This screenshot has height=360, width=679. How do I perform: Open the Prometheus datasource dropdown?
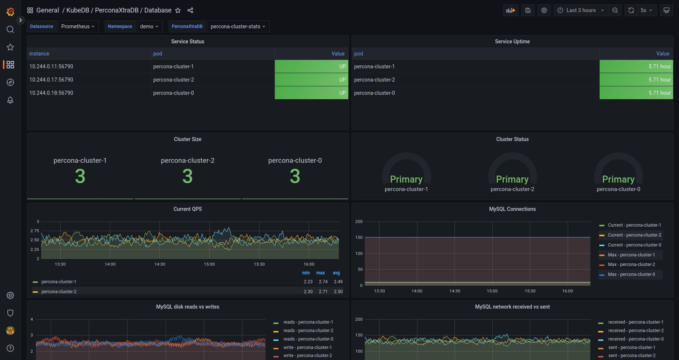click(x=78, y=26)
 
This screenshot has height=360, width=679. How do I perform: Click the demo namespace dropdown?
click(x=149, y=26)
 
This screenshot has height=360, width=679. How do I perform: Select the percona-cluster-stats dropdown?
click(x=238, y=26)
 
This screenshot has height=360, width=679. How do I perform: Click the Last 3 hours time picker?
click(x=581, y=10)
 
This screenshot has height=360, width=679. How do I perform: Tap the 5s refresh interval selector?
click(x=646, y=10)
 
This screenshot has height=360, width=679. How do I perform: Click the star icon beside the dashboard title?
click(x=178, y=10)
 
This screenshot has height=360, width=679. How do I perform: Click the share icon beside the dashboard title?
click(x=190, y=10)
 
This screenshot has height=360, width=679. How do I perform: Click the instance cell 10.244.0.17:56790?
click(x=51, y=80)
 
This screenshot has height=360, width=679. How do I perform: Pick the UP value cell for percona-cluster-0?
click(x=311, y=93)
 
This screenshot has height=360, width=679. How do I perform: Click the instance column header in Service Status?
click(x=39, y=54)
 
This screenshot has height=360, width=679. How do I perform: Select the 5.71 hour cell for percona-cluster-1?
click(x=636, y=66)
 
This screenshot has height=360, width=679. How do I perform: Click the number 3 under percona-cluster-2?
click(x=187, y=176)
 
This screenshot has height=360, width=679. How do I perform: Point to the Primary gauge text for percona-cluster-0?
click(x=618, y=179)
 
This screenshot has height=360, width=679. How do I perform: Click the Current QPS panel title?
click(x=187, y=209)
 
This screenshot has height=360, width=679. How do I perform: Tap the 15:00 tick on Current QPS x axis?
click(x=209, y=264)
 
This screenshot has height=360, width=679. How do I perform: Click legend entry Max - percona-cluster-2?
click(x=631, y=264)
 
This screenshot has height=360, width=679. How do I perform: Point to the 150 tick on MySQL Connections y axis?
click(x=359, y=237)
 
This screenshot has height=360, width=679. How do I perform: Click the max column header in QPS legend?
click(x=320, y=273)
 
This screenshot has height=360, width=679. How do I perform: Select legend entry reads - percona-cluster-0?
click(x=308, y=339)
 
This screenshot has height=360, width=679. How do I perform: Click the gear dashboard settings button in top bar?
click(x=544, y=10)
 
